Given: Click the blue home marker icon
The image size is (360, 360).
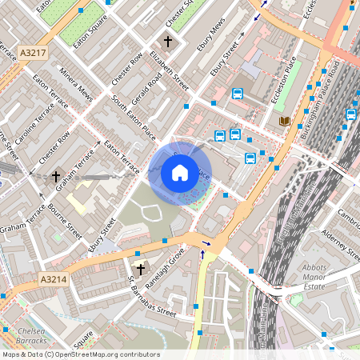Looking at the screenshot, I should pos(180,172).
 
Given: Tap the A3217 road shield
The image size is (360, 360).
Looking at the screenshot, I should pos(33,53).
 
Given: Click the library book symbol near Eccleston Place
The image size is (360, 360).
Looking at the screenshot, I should pos(284,121).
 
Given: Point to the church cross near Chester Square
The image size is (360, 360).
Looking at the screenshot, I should pos(168,40).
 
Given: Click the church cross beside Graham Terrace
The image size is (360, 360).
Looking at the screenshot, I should pos(56,175).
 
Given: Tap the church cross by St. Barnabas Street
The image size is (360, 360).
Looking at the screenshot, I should pos(141,270).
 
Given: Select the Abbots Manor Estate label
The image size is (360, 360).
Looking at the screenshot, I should pos(324,277).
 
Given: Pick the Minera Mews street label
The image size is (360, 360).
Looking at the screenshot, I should pos(77,86).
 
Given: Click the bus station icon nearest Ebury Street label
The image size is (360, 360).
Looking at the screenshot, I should pos(238,93).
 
